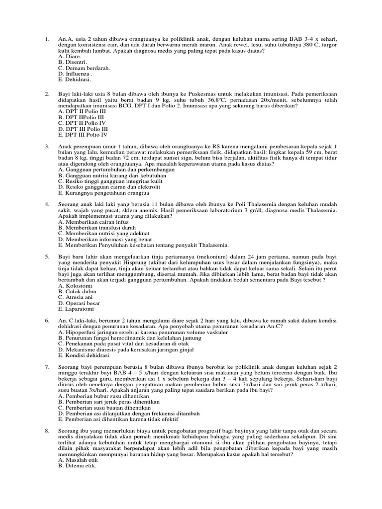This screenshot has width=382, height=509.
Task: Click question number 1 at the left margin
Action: point(46,38)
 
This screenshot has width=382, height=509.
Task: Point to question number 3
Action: point(46,147)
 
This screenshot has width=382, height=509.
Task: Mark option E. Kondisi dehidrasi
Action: point(84,355)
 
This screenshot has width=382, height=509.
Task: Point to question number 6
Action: point(46,321)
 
